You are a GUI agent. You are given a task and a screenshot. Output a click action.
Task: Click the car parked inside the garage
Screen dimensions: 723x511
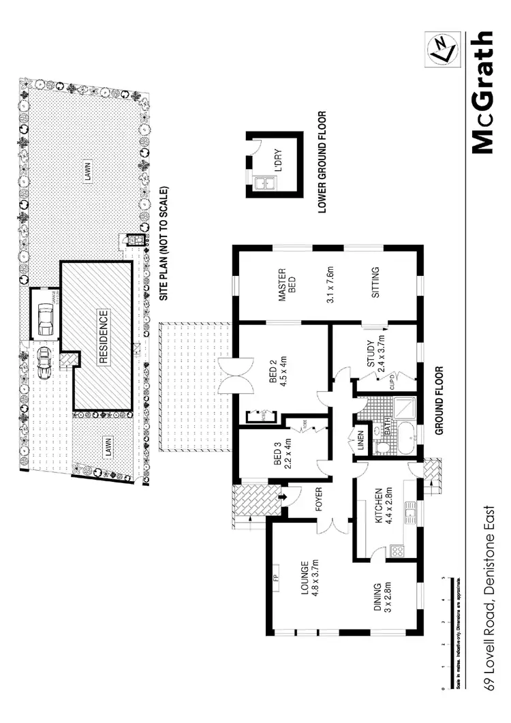pyautogui.click(x=46, y=319)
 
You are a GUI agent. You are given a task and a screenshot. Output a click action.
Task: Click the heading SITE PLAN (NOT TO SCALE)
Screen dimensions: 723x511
pyautogui.click(x=164, y=245)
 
